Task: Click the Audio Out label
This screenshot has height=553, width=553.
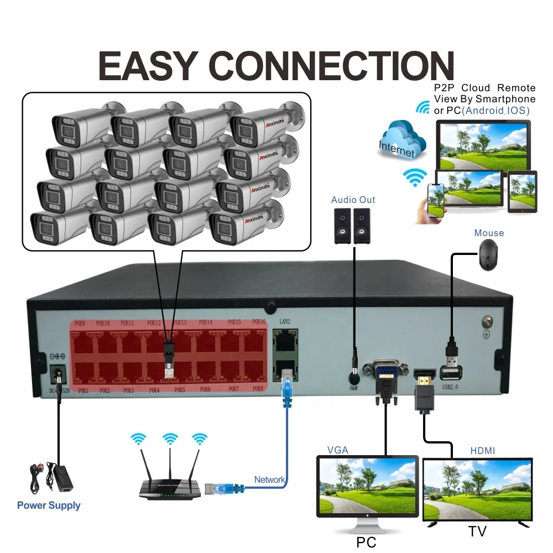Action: pos(353,200)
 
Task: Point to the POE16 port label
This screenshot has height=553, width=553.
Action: pos(259,322)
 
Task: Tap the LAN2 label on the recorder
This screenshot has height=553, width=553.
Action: pos(285,322)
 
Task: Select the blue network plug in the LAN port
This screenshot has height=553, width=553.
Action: pos(286,384)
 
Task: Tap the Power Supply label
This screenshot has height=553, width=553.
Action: pos(49,505)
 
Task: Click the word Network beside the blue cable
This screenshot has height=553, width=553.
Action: pos(269,479)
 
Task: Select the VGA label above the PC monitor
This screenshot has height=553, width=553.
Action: pos(337,450)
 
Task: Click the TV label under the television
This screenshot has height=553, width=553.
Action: pos(477,532)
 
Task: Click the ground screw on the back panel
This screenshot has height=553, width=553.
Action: pos(487,320)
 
